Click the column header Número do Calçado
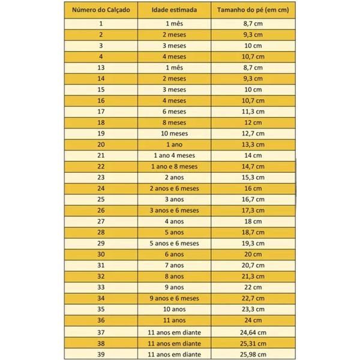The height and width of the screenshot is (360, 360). tap(101, 10)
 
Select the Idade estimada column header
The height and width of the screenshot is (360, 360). tap(175, 10)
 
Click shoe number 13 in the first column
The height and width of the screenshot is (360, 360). tap(101, 67)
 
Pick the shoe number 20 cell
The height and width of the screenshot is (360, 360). tap(101, 144)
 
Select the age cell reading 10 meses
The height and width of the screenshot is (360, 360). tap(175, 133)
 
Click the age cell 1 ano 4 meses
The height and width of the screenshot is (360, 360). tap(175, 155)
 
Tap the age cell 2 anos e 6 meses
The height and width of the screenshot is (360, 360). tap(175, 188)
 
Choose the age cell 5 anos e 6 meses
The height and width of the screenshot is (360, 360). tap(175, 243)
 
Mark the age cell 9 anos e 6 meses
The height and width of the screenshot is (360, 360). tap(175, 298)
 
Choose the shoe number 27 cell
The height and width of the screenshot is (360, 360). tap(101, 221)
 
